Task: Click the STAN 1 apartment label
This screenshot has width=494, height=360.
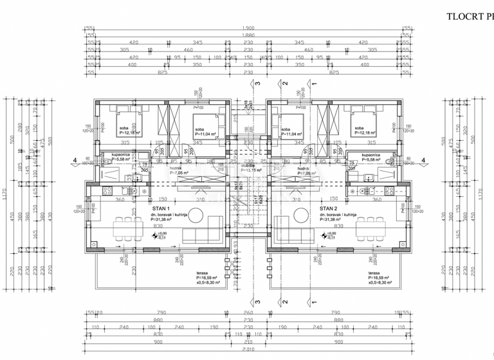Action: click(x=161, y=209)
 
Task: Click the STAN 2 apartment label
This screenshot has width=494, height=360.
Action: click(x=329, y=209)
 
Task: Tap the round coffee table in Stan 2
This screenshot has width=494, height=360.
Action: click(x=300, y=214)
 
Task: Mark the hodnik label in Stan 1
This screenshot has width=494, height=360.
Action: click(x=177, y=168)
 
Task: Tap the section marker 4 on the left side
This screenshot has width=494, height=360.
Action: click(x=75, y=161)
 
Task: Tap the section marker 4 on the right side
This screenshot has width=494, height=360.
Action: click(x=423, y=161)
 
